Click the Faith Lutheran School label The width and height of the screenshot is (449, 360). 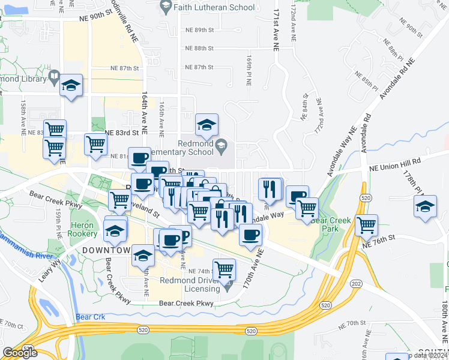[x=214, y=8]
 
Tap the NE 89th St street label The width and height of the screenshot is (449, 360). [x=200, y=29]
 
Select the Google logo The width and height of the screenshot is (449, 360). [x=20, y=353]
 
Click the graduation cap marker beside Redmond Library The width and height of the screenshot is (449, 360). [x=71, y=85]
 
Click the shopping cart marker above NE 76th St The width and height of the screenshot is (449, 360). [x=366, y=226]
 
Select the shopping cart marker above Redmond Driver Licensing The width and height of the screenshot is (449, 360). [x=224, y=269]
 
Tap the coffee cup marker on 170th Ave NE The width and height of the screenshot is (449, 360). [x=250, y=234]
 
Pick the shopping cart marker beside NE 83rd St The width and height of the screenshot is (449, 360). [x=96, y=144]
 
